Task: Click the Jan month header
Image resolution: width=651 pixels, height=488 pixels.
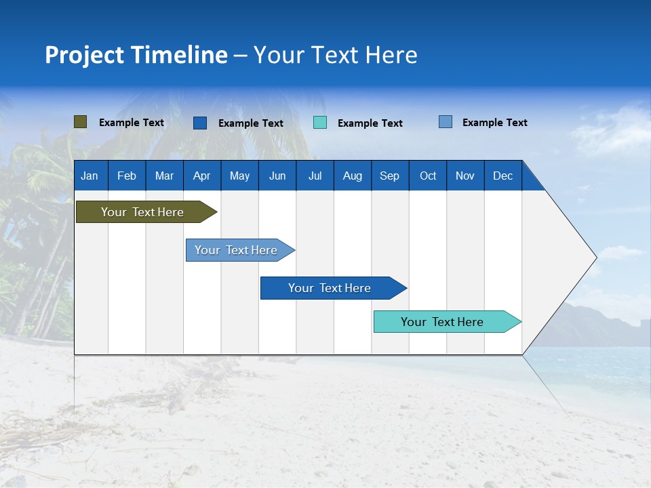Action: tap(90, 176)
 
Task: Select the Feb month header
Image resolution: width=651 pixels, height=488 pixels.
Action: tap(127, 176)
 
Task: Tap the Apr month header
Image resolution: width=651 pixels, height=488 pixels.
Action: tap(201, 176)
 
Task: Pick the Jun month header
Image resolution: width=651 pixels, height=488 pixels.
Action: tap(277, 176)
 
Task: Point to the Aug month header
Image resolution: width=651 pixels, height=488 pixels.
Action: tap(352, 176)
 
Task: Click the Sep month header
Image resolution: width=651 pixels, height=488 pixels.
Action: tap(389, 176)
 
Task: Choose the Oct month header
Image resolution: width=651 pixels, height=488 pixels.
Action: tap(428, 176)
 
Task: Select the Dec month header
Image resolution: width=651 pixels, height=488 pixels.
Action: tap(502, 176)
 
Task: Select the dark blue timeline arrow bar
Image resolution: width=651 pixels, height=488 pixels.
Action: tap(330, 288)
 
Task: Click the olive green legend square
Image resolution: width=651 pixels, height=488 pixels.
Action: tap(81, 122)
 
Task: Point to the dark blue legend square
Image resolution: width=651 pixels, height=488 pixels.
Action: tap(200, 123)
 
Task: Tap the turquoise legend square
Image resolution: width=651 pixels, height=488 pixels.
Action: tap(320, 123)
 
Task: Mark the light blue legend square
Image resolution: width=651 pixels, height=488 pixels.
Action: tap(446, 122)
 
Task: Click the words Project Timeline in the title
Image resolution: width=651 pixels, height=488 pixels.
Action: tap(136, 55)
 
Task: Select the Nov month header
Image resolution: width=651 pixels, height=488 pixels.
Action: tap(465, 176)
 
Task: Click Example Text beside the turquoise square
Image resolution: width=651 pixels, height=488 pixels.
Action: tap(370, 123)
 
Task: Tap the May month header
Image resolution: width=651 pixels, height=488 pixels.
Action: tap(239, 176)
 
